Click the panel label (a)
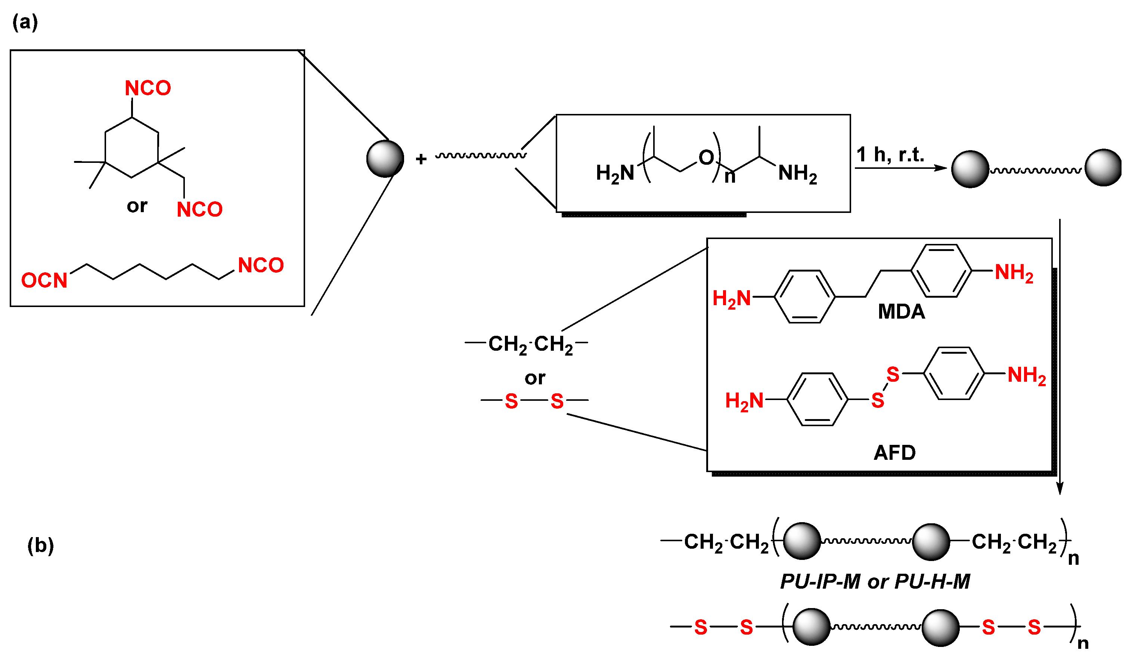tap(25, 22)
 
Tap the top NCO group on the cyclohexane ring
tap(148, 88)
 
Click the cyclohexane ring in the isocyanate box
tap(132, 148)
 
